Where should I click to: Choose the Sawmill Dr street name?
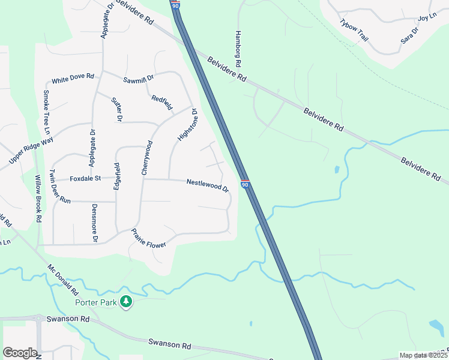click(x=139, y=79)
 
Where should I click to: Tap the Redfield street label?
click(x=162, y=103)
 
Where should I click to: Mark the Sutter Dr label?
click(x=116, y=109)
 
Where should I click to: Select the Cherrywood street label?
click(x=146, y=158)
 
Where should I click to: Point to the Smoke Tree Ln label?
click(x=46, y=112)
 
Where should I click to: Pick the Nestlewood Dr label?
click(x=208, y=185)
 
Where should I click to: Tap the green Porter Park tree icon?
click(x=126, y=302)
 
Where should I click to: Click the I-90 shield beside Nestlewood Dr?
click(x=245, y=184)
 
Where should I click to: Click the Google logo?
click(x=20, y=353)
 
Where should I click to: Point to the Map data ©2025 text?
click(x=423, y=355)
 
